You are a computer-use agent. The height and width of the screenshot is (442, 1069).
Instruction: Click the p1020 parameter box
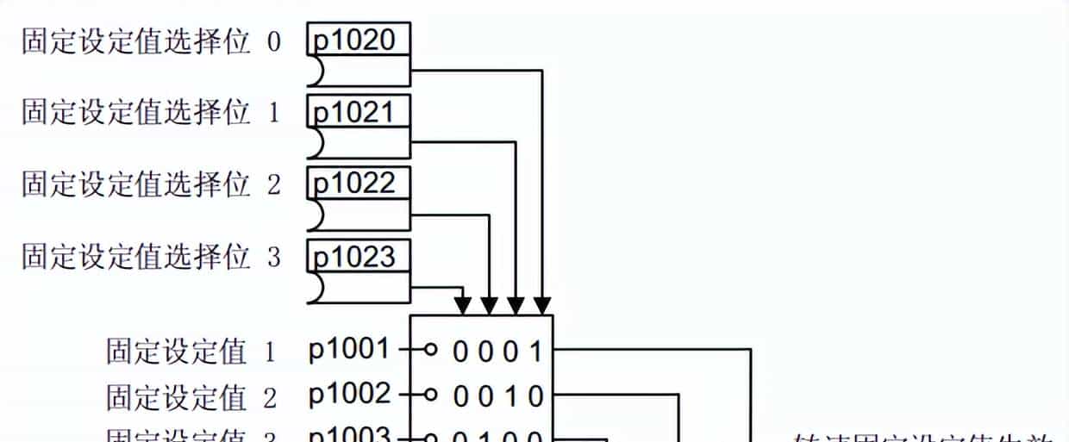tap(358, 40)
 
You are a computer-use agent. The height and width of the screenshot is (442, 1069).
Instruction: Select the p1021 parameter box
tap(358, 112)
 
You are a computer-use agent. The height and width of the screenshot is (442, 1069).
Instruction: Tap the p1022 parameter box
tap(358, 184)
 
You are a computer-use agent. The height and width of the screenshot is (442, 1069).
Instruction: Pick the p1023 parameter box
tap(358, 256)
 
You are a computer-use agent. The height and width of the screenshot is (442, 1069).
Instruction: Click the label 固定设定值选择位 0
tap(151, 42)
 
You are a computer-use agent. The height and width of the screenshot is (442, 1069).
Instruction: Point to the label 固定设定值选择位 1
tap(151, 114)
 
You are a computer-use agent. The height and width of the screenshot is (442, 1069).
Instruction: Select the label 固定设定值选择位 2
tap(151, 185)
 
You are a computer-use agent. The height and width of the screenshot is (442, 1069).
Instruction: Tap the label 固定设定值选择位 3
tap(151, 257)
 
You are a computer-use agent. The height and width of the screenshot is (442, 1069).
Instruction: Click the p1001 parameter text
tap(350, 350)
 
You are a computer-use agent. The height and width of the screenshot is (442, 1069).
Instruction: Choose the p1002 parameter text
tap(350, 395)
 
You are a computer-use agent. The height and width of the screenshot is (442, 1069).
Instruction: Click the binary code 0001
tap(498, 352)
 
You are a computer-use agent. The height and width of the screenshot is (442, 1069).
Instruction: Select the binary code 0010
tap(498, 396)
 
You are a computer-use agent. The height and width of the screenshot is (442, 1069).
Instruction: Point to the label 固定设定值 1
tap(191, 352)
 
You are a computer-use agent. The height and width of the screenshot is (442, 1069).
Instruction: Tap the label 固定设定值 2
tap(191, 396)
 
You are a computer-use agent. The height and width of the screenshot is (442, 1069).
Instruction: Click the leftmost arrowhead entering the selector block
tap(463, 305)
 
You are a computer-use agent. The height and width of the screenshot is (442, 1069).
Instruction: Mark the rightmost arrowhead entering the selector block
tap(542, 305)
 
